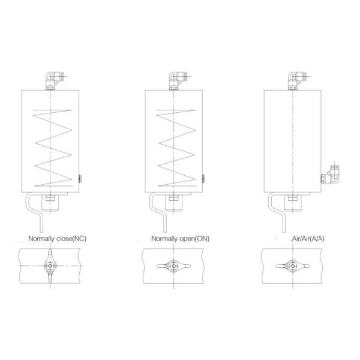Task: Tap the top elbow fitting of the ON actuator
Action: tap(176, 79)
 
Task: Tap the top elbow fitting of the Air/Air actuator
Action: tap(295, 79)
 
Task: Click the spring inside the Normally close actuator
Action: tap(53, 147)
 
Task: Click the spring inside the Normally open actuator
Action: tap(175, 147)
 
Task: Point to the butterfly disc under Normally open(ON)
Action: tap(173, 265)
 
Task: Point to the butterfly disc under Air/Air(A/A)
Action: tap(292, 265)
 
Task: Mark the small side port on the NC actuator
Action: tap(80, 178)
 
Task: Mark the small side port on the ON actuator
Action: tap(203, 178)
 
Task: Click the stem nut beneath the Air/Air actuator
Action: tap(292, 197)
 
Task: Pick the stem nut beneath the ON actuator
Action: tap(174, 197)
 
